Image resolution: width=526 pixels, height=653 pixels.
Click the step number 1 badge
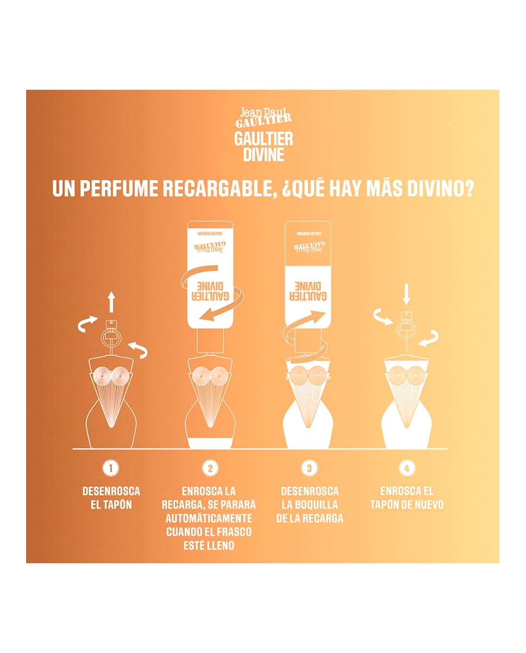point(111,468)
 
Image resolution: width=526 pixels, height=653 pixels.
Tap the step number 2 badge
point(210,468)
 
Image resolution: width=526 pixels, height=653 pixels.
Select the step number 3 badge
point(309,468)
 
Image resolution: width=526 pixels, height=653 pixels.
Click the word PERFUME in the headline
point(117,188)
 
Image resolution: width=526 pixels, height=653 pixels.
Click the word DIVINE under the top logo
point(263,155)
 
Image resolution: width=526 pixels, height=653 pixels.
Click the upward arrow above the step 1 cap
point(111,301)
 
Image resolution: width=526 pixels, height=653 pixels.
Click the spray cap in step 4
point(405,329)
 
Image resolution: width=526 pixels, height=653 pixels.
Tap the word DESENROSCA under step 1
point(111,491)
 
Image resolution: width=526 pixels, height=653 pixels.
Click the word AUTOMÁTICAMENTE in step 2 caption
point(209,518)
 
